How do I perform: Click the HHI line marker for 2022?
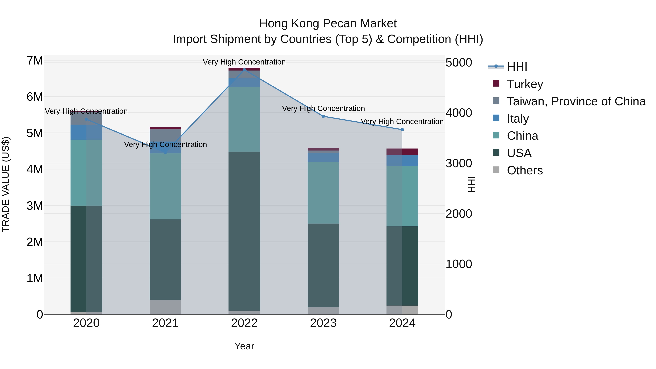point(244,70)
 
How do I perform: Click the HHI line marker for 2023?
point(323,116)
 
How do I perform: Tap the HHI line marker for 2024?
point(402,130)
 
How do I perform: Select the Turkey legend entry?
point(525,84)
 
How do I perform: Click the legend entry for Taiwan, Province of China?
point(576,101)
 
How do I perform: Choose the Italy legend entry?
point(518,119)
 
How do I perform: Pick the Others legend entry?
point(525,170)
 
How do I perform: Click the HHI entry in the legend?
point(517,67)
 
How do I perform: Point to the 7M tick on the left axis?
point(35,61)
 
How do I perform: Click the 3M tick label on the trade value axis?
point(35,206)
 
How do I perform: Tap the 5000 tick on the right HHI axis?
point(459,63)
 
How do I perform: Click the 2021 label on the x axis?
point(165,323)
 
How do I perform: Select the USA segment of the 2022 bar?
point(244,231)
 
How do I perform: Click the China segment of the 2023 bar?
point(323,193)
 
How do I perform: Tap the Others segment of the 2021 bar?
point(165,307)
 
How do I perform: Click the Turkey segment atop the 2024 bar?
point(402,152)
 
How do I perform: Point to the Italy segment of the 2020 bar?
point(86,132)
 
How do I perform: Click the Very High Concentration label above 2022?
point(244,62)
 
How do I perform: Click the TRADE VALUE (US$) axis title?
point(6,184)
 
